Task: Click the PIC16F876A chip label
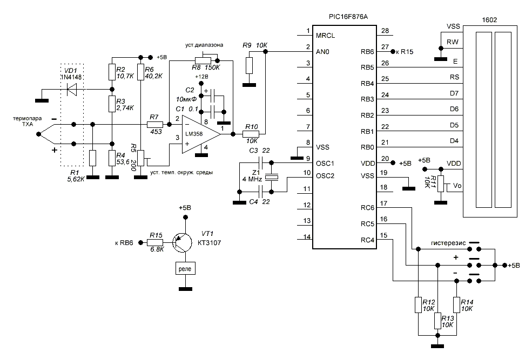[x=344, y=17]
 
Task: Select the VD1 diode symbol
[x=71, y=90]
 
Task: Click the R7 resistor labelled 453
[x=154, y=125]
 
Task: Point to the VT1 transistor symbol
[x=183, y=243]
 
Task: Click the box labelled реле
[x=185, y=268]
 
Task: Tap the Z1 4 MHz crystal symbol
[x=274, y=177]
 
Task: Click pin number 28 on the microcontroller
[x=385, y=31]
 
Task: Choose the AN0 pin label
[x=322, y=52]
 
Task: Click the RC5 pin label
[x=368, y=223]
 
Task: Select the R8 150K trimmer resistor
[x=203, y=60]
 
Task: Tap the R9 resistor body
[x=248, y=66]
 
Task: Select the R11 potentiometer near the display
[x=440, y=184]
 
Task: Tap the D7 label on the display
[x=454, y=93]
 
